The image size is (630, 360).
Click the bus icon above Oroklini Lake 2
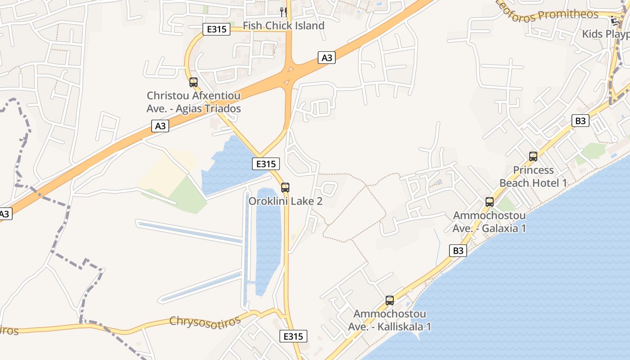click(285, 188)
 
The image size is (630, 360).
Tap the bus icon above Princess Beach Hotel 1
click(533, 157)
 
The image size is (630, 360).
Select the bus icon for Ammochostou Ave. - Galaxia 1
click(490, 202)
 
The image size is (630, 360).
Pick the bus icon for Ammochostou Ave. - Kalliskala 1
click(390, 300)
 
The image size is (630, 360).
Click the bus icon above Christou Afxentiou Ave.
click(193, 82)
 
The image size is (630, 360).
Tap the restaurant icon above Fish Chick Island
click(283, 11)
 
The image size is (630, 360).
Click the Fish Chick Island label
click(283, 26)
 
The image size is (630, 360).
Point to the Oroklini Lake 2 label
click(285, 201)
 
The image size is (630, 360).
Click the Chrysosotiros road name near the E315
click(205, 320)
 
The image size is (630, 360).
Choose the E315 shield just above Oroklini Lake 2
click(266, 164)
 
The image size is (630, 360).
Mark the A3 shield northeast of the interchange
click(327, 58)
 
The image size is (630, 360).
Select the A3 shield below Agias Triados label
click(160, 126)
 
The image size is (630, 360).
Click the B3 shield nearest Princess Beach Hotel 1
click(580, 121)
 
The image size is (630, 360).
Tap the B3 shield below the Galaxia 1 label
click(458, 251)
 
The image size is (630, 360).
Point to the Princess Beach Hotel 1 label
click(533, 176)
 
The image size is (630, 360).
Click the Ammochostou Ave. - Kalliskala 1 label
click(390, 320)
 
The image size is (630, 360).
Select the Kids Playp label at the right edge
click(606, 34)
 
